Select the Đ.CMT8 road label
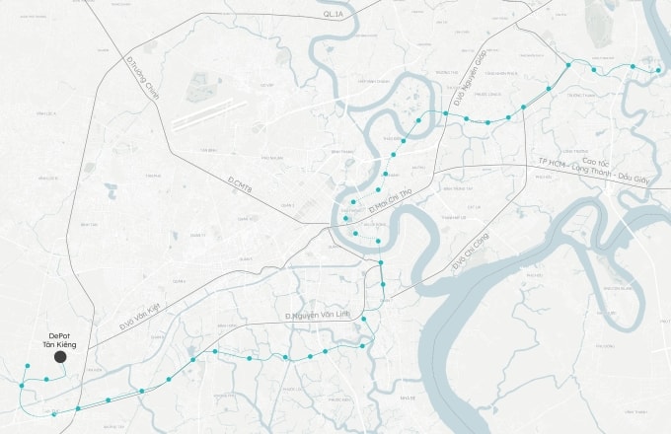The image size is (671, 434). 240,183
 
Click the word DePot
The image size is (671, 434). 60,334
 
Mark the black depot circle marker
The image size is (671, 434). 60,356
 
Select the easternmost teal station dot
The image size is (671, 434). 658,70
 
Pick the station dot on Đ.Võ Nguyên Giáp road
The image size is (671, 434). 444,113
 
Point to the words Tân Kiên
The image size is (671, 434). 60,344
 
